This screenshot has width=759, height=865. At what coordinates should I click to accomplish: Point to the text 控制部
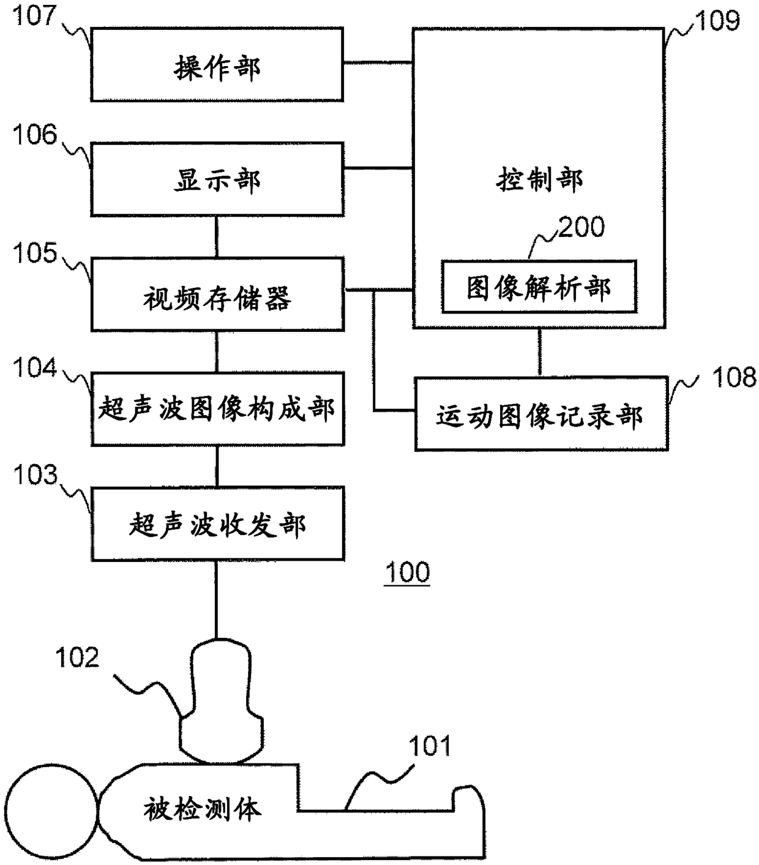[539, 180]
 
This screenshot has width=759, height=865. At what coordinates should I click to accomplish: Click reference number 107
[34, 16]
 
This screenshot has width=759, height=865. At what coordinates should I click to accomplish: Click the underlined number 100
[407, 572]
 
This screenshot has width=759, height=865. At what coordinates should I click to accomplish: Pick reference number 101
[430, 746]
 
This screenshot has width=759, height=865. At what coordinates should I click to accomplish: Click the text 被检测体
[203, 809]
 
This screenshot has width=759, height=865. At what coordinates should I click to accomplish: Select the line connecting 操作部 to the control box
[378, 63]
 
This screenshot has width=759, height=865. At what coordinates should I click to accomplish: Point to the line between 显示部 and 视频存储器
[217, 236]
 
